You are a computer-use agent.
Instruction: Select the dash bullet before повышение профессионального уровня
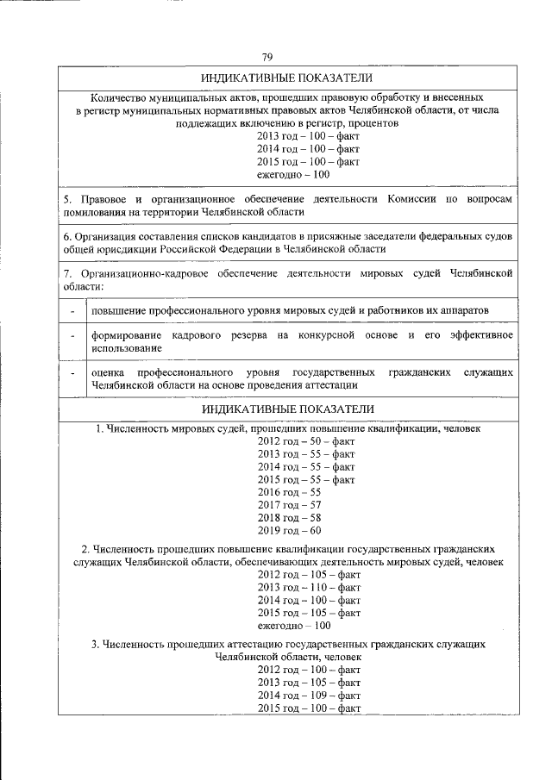73,309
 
